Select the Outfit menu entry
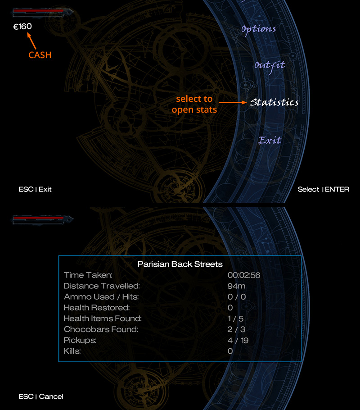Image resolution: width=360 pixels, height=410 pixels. click(x=270, y=66)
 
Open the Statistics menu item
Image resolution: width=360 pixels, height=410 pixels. click(x=274, y=102)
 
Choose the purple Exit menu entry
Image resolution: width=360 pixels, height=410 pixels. click(x=270, y=140)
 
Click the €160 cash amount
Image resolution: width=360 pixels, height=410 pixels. click(x=22, y=27)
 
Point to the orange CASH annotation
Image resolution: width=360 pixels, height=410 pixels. click(x=40, y=55)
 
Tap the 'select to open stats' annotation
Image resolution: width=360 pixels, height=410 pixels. click(x=194, y=104)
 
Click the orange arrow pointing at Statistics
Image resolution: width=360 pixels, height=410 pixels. click(x=233, y=102)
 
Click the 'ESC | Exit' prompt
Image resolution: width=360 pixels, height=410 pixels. click(x=35, y=189)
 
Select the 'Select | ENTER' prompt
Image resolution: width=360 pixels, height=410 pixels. click(x=324, y=189)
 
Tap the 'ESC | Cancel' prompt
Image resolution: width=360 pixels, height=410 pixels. click(x=41, y=396)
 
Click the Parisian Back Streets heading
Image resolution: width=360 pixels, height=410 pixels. click(x=180, y=264)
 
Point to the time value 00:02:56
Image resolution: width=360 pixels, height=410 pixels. click(x=244, y=275)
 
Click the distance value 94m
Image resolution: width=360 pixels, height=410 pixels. click(x=236, y=286)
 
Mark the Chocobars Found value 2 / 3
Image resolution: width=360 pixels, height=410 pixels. click(x=236, y=329)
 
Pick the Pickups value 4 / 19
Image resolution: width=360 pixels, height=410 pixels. click(x=238, y=340)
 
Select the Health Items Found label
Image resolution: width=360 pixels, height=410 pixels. click(x=103, y=319)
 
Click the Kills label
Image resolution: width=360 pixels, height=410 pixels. click(x=72, y=351)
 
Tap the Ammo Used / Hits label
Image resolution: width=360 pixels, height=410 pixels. click(x=101, y=297)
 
